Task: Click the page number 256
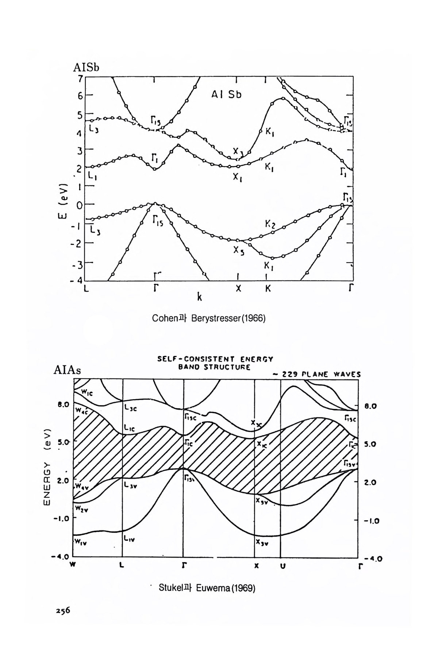pyautogui.click(x=62, y=610)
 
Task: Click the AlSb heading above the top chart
pyautogui.click(x=87, y=68)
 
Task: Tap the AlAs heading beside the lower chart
pyautogui.click(x=67, y=370)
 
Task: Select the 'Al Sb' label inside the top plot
pyautogui.click(x=227, y=95)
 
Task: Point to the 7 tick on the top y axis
pyautogui.click(x=80, y=78)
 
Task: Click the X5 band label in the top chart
pyautogui.click(x=239, y=251)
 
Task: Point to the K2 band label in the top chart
pyautogui.click(x=270, y=224)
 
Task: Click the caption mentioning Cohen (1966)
pyautogui.click(x=208, y=318)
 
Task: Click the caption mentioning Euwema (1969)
pyautogui.click(x=207, y=588)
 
